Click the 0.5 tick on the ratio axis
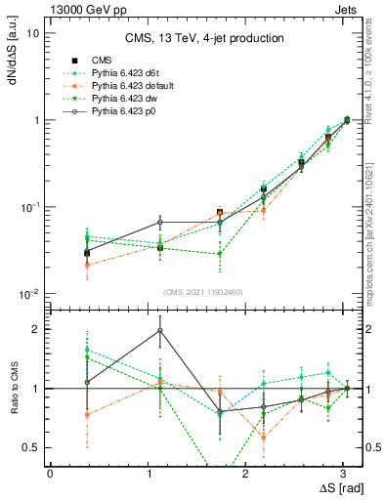click(x=31, y=448)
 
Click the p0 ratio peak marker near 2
click(x=160, y=330)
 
